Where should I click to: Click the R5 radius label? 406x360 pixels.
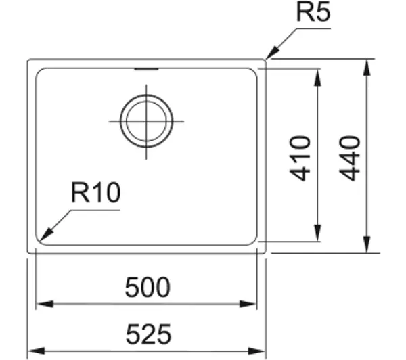[313, 12]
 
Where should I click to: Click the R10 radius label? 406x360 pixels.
[95, 192]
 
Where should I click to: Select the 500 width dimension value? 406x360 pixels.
[148, 287]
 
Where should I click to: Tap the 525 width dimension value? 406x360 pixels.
[148, 334]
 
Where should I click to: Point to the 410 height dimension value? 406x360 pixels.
[300, 158]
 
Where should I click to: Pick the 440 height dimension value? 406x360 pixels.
[350, 158]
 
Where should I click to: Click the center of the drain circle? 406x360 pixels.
[146, 121]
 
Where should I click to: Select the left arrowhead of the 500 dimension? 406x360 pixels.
[45, 304]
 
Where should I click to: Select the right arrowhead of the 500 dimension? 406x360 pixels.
[248, 304]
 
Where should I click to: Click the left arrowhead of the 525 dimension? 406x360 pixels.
[37, 351]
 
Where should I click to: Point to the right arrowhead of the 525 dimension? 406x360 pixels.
[257, 351]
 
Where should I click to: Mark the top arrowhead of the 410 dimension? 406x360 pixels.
[317, 78]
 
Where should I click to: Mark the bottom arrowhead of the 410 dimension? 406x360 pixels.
[317, 233]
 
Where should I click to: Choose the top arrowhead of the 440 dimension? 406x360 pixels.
[366, 68]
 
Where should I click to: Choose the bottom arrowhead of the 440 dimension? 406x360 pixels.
[366, 244]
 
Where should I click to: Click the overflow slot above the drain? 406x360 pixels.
[146, 69]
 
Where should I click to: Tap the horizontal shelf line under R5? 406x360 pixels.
[313, 28]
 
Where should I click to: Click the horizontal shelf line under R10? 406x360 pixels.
[95, 210]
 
